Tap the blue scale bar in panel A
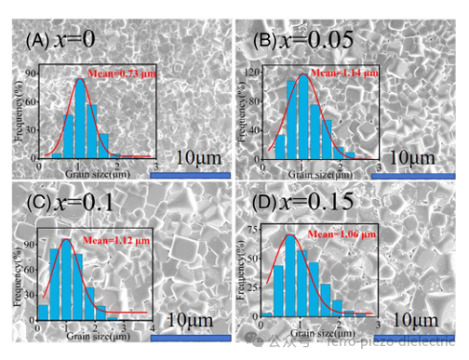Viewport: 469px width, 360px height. (x=190, y=173)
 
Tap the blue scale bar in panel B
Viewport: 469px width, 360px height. (x=422, y=174)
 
